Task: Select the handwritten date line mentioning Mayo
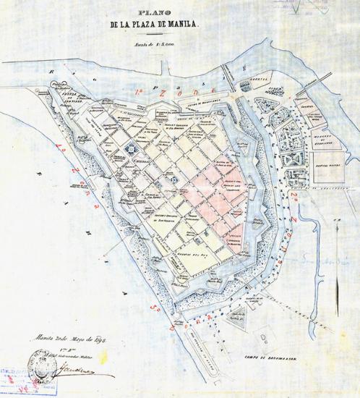(x=66, y=337)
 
